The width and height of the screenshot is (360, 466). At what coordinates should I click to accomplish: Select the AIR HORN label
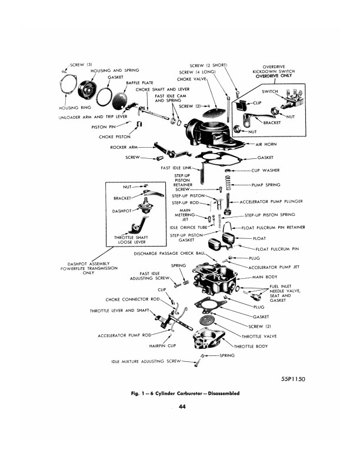coord(268,144)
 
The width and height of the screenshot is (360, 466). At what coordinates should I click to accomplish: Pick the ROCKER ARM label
coord(124,147)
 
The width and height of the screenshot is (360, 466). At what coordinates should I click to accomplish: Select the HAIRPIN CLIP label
coord(155,345)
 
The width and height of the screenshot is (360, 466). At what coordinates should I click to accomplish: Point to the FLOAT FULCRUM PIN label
coord(276,249)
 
